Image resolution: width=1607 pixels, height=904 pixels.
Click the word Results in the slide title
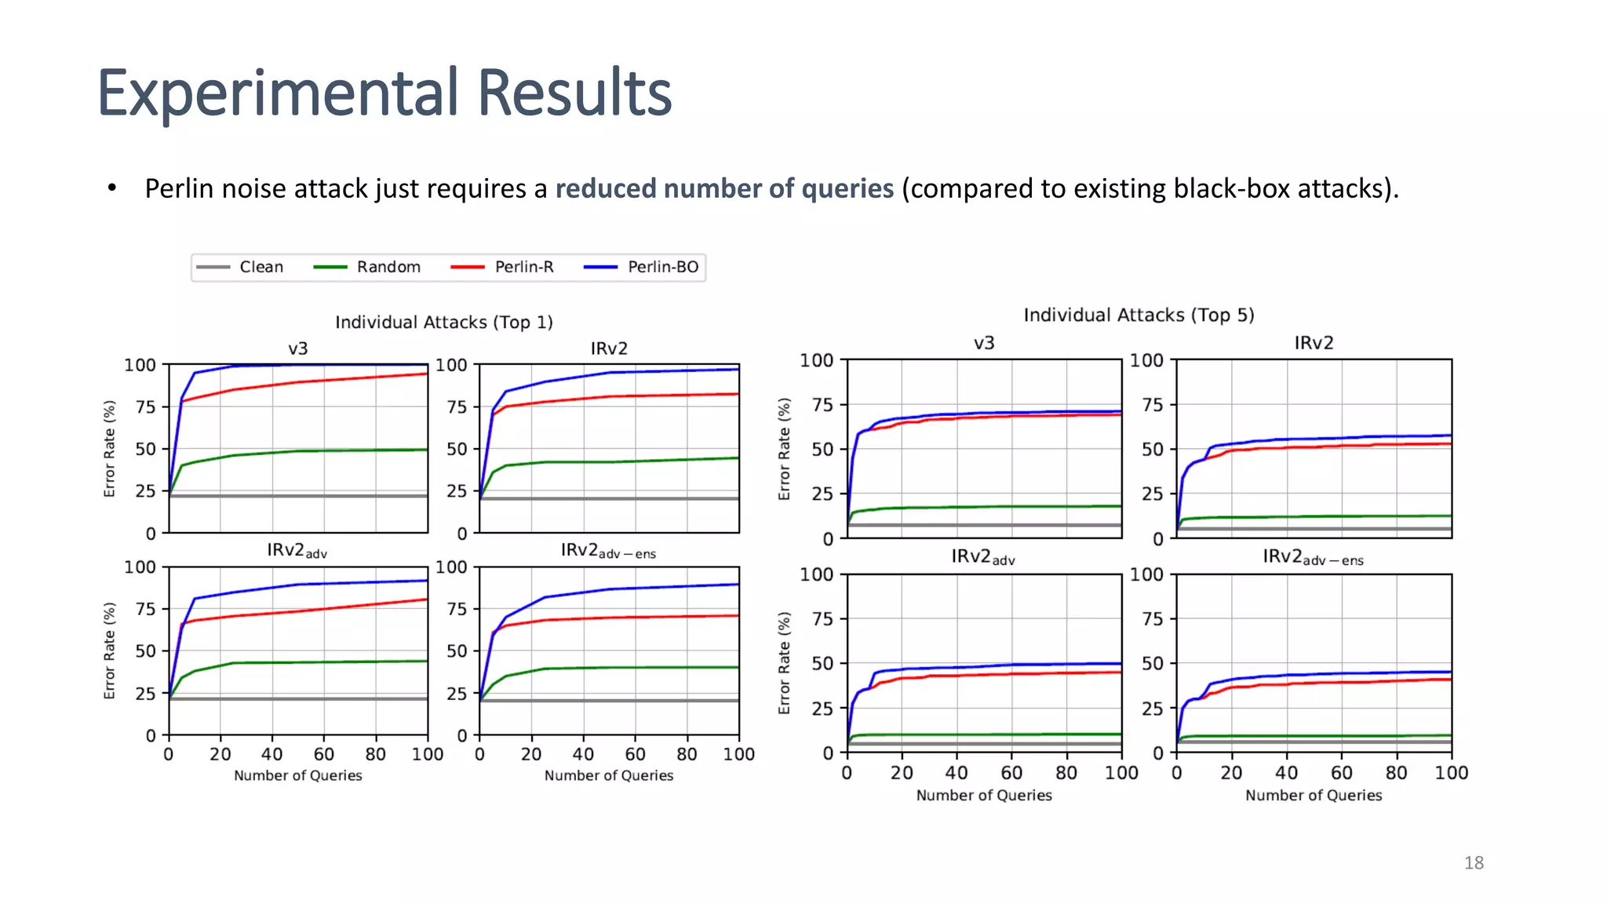click(x=574, y=93)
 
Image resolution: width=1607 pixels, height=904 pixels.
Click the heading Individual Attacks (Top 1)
click(x=443, y=323)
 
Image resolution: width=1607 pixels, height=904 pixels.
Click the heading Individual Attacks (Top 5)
click(x=1139, y=315)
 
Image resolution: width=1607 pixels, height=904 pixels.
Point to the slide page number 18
click(x=1474, y=863)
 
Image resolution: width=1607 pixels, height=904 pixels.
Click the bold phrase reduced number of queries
click(x=724, y=189)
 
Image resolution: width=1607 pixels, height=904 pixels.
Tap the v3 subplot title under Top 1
click(x=297, y=348)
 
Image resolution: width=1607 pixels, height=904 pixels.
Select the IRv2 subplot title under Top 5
click(x=1314, y=343)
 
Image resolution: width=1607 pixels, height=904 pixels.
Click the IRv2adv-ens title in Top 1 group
click(x=608, y=551)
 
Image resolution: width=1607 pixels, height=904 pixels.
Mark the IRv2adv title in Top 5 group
click(x=983, y=557)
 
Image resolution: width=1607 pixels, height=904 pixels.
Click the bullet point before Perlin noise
click(x=112, y=189)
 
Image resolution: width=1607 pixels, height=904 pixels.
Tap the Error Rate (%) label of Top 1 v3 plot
click(x=110, y=449)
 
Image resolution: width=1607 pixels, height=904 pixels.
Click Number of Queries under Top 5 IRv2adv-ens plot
click(x=1314, y=795)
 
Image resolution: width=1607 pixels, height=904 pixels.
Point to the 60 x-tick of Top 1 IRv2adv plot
click(x=323, y=755)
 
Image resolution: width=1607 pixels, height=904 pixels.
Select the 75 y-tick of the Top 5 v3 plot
click(x=822, y=405)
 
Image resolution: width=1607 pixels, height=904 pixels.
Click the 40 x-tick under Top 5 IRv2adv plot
click(x=957, y=773)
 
